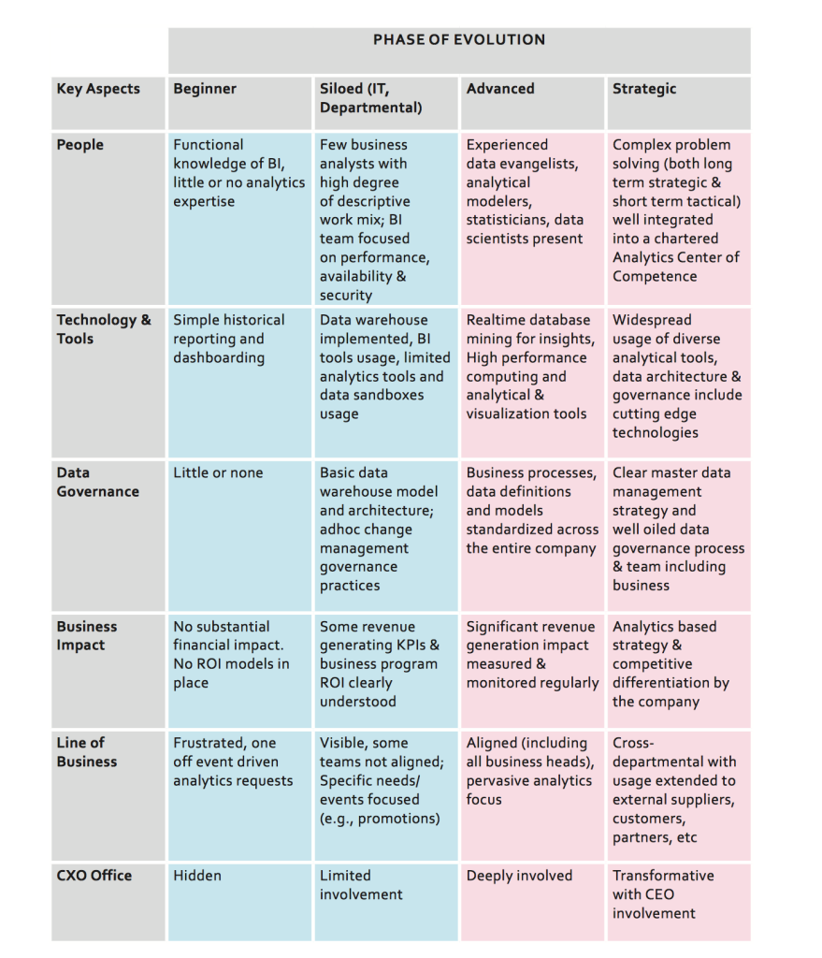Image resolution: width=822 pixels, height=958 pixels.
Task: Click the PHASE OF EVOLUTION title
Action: point(458,40)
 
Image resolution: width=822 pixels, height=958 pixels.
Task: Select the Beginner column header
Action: point(205,89)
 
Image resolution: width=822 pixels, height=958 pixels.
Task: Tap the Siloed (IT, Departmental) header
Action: point(370,98)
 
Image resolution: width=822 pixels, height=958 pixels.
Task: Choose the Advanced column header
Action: point(500,89)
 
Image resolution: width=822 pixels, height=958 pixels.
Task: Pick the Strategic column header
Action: point(643,89)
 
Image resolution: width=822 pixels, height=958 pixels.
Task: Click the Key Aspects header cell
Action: point(98,89)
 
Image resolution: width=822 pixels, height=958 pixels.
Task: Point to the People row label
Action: point(80,145)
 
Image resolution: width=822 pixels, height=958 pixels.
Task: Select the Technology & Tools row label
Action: point(103,329)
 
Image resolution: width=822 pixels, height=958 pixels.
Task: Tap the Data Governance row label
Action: point(97,482)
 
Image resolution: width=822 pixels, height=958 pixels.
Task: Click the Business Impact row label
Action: point(87,636)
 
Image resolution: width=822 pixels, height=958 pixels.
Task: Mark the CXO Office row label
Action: point(94,876)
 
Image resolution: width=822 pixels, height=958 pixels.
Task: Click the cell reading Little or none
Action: point(218,473)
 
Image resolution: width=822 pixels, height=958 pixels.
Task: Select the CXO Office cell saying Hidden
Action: point(197,876)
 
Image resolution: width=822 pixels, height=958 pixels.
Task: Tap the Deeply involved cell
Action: point(519,876)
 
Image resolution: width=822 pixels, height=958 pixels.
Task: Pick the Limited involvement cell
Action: point(361,885)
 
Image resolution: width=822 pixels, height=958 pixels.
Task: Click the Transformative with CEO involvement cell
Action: point(663,894)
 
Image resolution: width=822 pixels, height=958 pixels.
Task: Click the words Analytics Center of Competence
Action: point(675,267)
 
